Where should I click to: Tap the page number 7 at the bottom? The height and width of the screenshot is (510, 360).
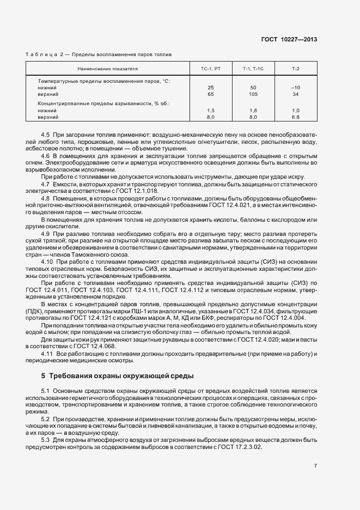[x=315, y=466]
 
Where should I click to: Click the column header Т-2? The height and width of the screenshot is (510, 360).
[x=296, y=69]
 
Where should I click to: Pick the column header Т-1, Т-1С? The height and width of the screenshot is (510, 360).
[x=253, y=69]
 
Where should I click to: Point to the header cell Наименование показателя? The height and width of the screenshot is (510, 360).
[x=107, y=69]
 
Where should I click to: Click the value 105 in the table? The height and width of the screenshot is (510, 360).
[x=253, y=94]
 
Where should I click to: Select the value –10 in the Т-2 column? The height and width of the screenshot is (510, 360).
[x=296, y=87]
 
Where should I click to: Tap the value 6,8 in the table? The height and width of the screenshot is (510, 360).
[x=296, y=117]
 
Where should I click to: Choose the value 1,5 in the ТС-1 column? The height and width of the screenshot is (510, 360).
[x=211, y=110]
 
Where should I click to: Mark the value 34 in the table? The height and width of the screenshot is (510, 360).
[x=296, y=94]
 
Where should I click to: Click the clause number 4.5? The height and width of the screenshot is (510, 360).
[x=46, y=134]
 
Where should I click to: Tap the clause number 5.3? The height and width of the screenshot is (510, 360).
[x=46, y=439]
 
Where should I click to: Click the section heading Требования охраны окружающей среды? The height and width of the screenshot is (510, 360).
[x=120, y=376]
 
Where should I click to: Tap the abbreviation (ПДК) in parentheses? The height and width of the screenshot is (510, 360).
[x=36, y=311]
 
